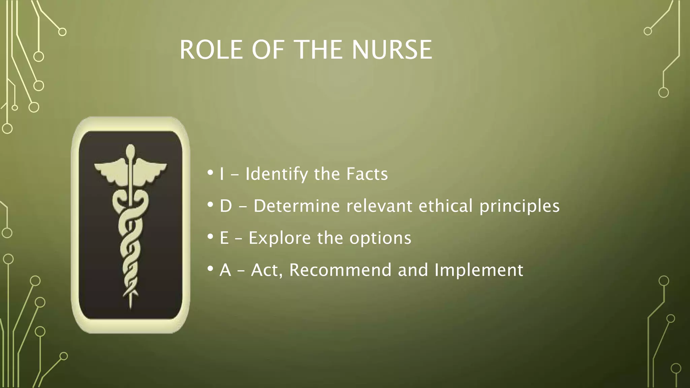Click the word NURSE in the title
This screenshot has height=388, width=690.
tap(392, 50)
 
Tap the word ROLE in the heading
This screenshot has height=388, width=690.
tap(211, 50)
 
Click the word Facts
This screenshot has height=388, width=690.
tap(367, 174)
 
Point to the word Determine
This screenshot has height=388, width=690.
tap(296, 206)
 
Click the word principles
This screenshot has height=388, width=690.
tap(519, 206)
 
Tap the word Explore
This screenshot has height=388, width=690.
tap(279, 238)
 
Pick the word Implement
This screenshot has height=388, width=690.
tap(479, 270)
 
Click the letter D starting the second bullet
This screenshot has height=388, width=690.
tap(226, 206)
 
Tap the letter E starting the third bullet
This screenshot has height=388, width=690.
tap(224, 238)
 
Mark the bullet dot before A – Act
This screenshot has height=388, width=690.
tap(210, 269)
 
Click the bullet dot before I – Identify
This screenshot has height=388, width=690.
tap(210, 173)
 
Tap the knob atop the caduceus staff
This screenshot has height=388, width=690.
tap(130, 151)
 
